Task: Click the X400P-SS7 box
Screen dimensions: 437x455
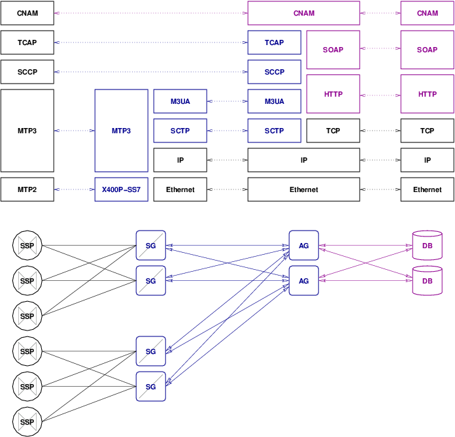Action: click(x=121, y=189)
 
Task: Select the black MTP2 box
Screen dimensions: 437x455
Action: click(x=27, y=189)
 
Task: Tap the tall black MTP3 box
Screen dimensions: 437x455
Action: click(x=27, y=131)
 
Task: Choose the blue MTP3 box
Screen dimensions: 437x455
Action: click(x=121, y=131)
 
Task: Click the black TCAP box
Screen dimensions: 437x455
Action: click(x=27, y=42)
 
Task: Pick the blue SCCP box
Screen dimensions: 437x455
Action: click(x=274, y=72)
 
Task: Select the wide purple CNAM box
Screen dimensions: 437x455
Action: click(x=303, y=13)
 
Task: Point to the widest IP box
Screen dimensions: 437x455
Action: click(x=303, y=160)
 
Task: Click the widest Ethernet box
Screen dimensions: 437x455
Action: click(x=303, y=189)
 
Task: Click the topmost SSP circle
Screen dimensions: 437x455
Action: click(x=27, y=246)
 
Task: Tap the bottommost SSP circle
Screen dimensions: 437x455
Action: click(x=27, y=421)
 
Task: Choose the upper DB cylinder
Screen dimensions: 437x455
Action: click(x=427, y=246)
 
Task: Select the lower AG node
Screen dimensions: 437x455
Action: click(x=303, y=281)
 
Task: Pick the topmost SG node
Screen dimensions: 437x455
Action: click(x=150, y=246)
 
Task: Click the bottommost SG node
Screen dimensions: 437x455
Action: click(x=150, y=386)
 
